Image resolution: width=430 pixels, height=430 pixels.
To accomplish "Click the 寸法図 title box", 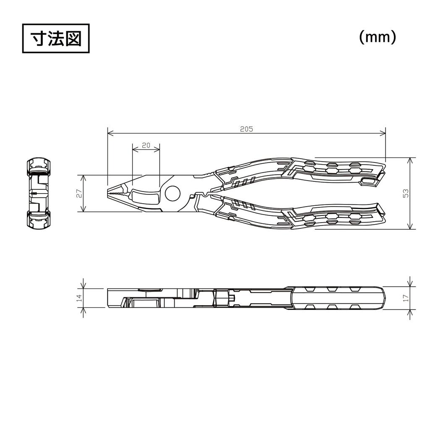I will pyautogui.click(x=56, y=39).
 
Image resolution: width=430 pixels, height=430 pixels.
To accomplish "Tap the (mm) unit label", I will pyautogui.click(x=377, y=37).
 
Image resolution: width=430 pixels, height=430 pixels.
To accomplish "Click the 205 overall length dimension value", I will pyautogui.click(x=246, y=129).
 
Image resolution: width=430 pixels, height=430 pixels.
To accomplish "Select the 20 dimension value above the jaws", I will pyautogui.click(x=146, y=145).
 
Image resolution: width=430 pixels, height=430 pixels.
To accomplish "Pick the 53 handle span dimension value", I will pyautogui.click(x=405, y=193).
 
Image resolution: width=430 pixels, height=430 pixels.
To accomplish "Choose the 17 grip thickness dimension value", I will pyautogui.click(x=405, y=298).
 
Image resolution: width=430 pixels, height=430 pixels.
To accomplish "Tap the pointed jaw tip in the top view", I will pyautogui.click(x=109, y=193).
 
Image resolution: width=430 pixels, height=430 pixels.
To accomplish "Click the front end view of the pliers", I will pyautogui.click(x=39, y=194).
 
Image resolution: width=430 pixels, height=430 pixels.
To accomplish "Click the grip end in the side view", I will pyautogui.click(x=380, y=298).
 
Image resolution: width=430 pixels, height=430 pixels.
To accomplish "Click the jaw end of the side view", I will pyautogui.click(x=110, y=298).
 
